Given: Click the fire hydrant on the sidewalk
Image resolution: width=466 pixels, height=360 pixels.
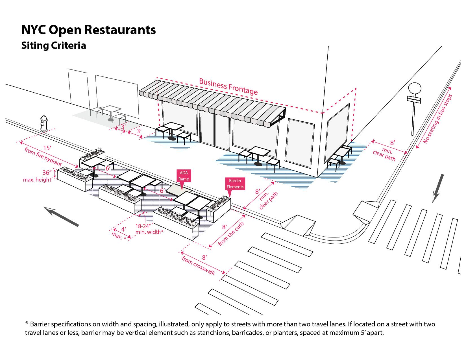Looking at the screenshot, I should (44, 123).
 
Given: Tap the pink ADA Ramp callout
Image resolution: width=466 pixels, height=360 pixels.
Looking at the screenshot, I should (184, 176).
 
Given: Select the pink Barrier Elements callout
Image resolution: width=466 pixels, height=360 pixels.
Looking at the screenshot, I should (235, 184).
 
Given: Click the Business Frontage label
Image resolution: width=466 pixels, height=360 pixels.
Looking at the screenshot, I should (228, 86).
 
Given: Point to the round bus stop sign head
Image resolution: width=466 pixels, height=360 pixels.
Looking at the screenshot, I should (415, 88).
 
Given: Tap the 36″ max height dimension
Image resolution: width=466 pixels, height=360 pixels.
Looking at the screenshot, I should (47, 173).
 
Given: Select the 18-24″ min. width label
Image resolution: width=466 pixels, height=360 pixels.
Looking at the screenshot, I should (149, 229).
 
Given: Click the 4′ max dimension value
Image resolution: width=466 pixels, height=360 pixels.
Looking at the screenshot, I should (123, 230).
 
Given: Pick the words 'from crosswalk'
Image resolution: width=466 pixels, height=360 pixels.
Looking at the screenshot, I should (198, 265).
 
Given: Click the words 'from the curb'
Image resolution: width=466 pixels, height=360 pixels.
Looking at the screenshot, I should (231, 234).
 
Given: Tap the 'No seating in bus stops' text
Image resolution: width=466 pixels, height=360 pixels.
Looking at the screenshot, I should (437, 119).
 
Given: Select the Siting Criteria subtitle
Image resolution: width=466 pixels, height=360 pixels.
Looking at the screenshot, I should (54, 45).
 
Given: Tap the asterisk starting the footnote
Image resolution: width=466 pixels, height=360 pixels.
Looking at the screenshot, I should (27, 323).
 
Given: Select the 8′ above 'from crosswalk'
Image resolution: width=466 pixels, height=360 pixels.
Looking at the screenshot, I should (204, 258).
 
